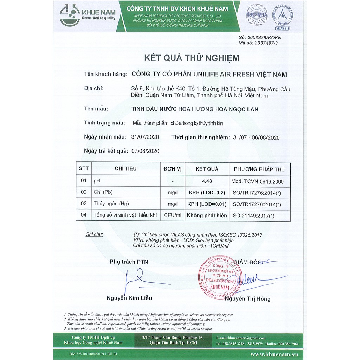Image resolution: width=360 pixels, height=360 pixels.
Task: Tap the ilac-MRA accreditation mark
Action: (257, 14)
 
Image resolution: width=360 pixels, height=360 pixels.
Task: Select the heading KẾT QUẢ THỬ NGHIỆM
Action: (192, 58)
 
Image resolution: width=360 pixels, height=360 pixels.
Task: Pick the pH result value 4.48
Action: (207, 181)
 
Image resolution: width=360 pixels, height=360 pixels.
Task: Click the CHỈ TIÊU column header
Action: (126, 169)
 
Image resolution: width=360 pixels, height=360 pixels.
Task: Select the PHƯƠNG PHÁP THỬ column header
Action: (260, 169)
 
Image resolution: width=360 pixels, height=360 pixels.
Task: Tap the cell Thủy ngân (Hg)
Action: (111, 204)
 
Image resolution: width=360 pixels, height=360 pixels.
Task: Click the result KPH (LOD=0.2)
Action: (207, 193)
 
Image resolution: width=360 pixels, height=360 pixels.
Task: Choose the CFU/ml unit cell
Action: (172, 215)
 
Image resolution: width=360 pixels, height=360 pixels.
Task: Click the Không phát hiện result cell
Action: (207, 215)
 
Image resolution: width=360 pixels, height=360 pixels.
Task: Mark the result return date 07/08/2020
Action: (145, 151)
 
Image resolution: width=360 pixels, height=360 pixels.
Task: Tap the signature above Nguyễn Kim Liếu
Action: (139, 279)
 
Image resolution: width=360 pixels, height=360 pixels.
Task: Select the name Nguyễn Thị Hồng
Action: (247, 299)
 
